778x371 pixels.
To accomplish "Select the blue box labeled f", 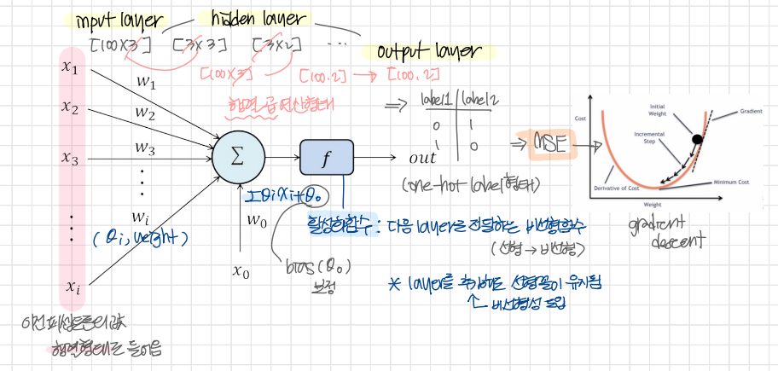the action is tap(325, 158).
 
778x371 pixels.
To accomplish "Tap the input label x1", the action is tap(70, 67).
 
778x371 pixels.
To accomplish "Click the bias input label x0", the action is tap(241, 272).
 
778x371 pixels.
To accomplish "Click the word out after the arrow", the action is tap(422, 158).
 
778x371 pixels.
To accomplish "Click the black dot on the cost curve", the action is tap(697, 138).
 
